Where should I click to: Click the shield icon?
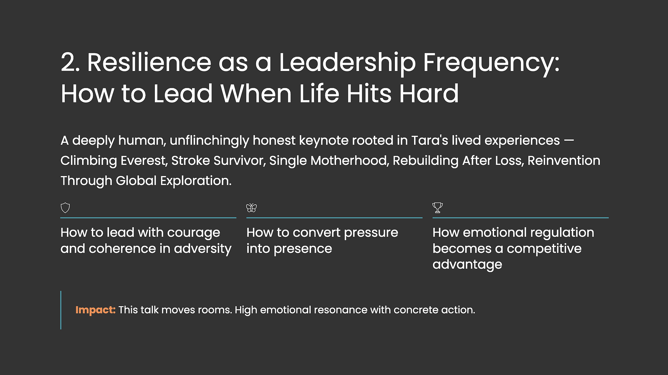65,208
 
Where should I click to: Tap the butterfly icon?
252,208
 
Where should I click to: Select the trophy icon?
438,208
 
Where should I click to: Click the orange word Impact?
95,310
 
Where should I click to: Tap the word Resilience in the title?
149,63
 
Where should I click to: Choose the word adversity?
202,249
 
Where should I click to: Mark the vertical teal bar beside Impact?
61,310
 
